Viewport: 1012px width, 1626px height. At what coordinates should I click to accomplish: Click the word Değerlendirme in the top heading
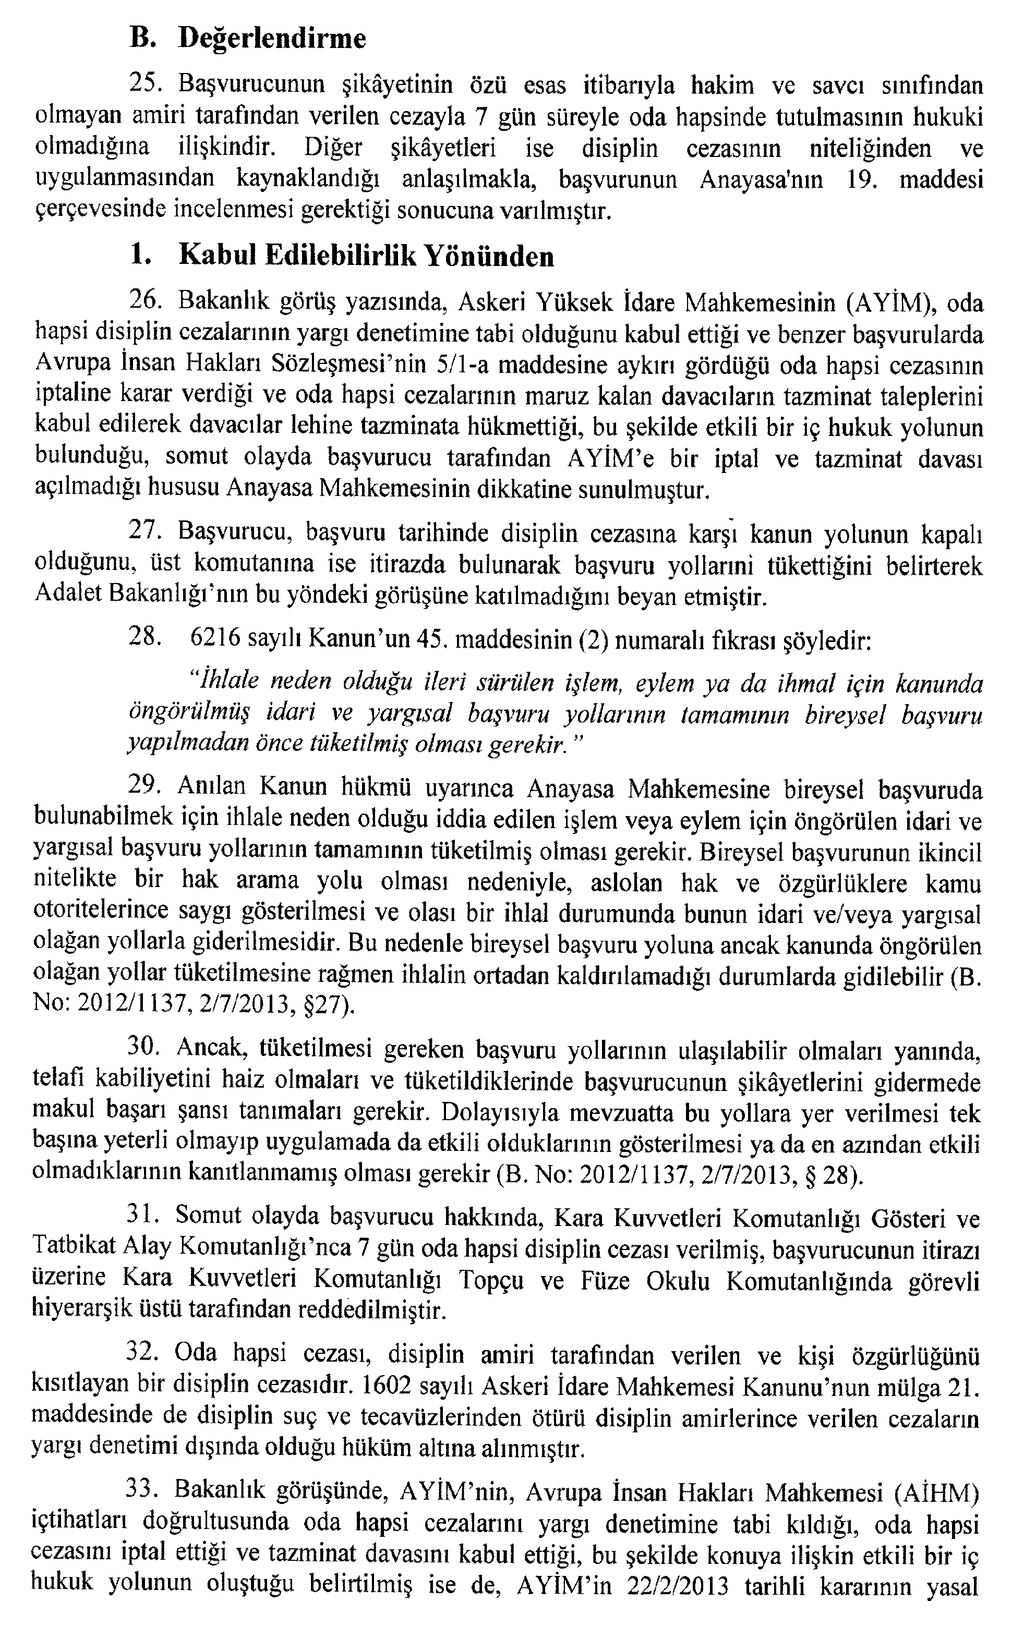[x=273, y=39]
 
